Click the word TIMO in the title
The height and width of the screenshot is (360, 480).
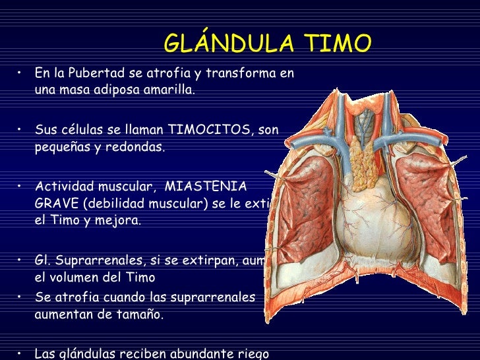[338, 44]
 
